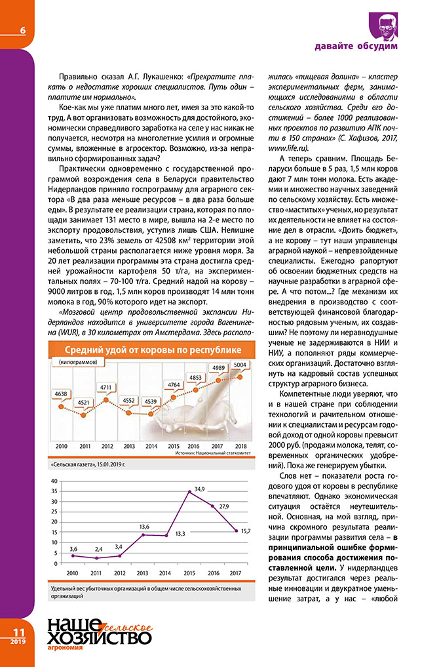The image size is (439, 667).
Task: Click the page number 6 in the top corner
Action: tap(22, 30)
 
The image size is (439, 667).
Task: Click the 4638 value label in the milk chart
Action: tap(58, 394)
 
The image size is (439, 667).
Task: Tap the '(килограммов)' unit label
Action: tap(79, 361)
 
